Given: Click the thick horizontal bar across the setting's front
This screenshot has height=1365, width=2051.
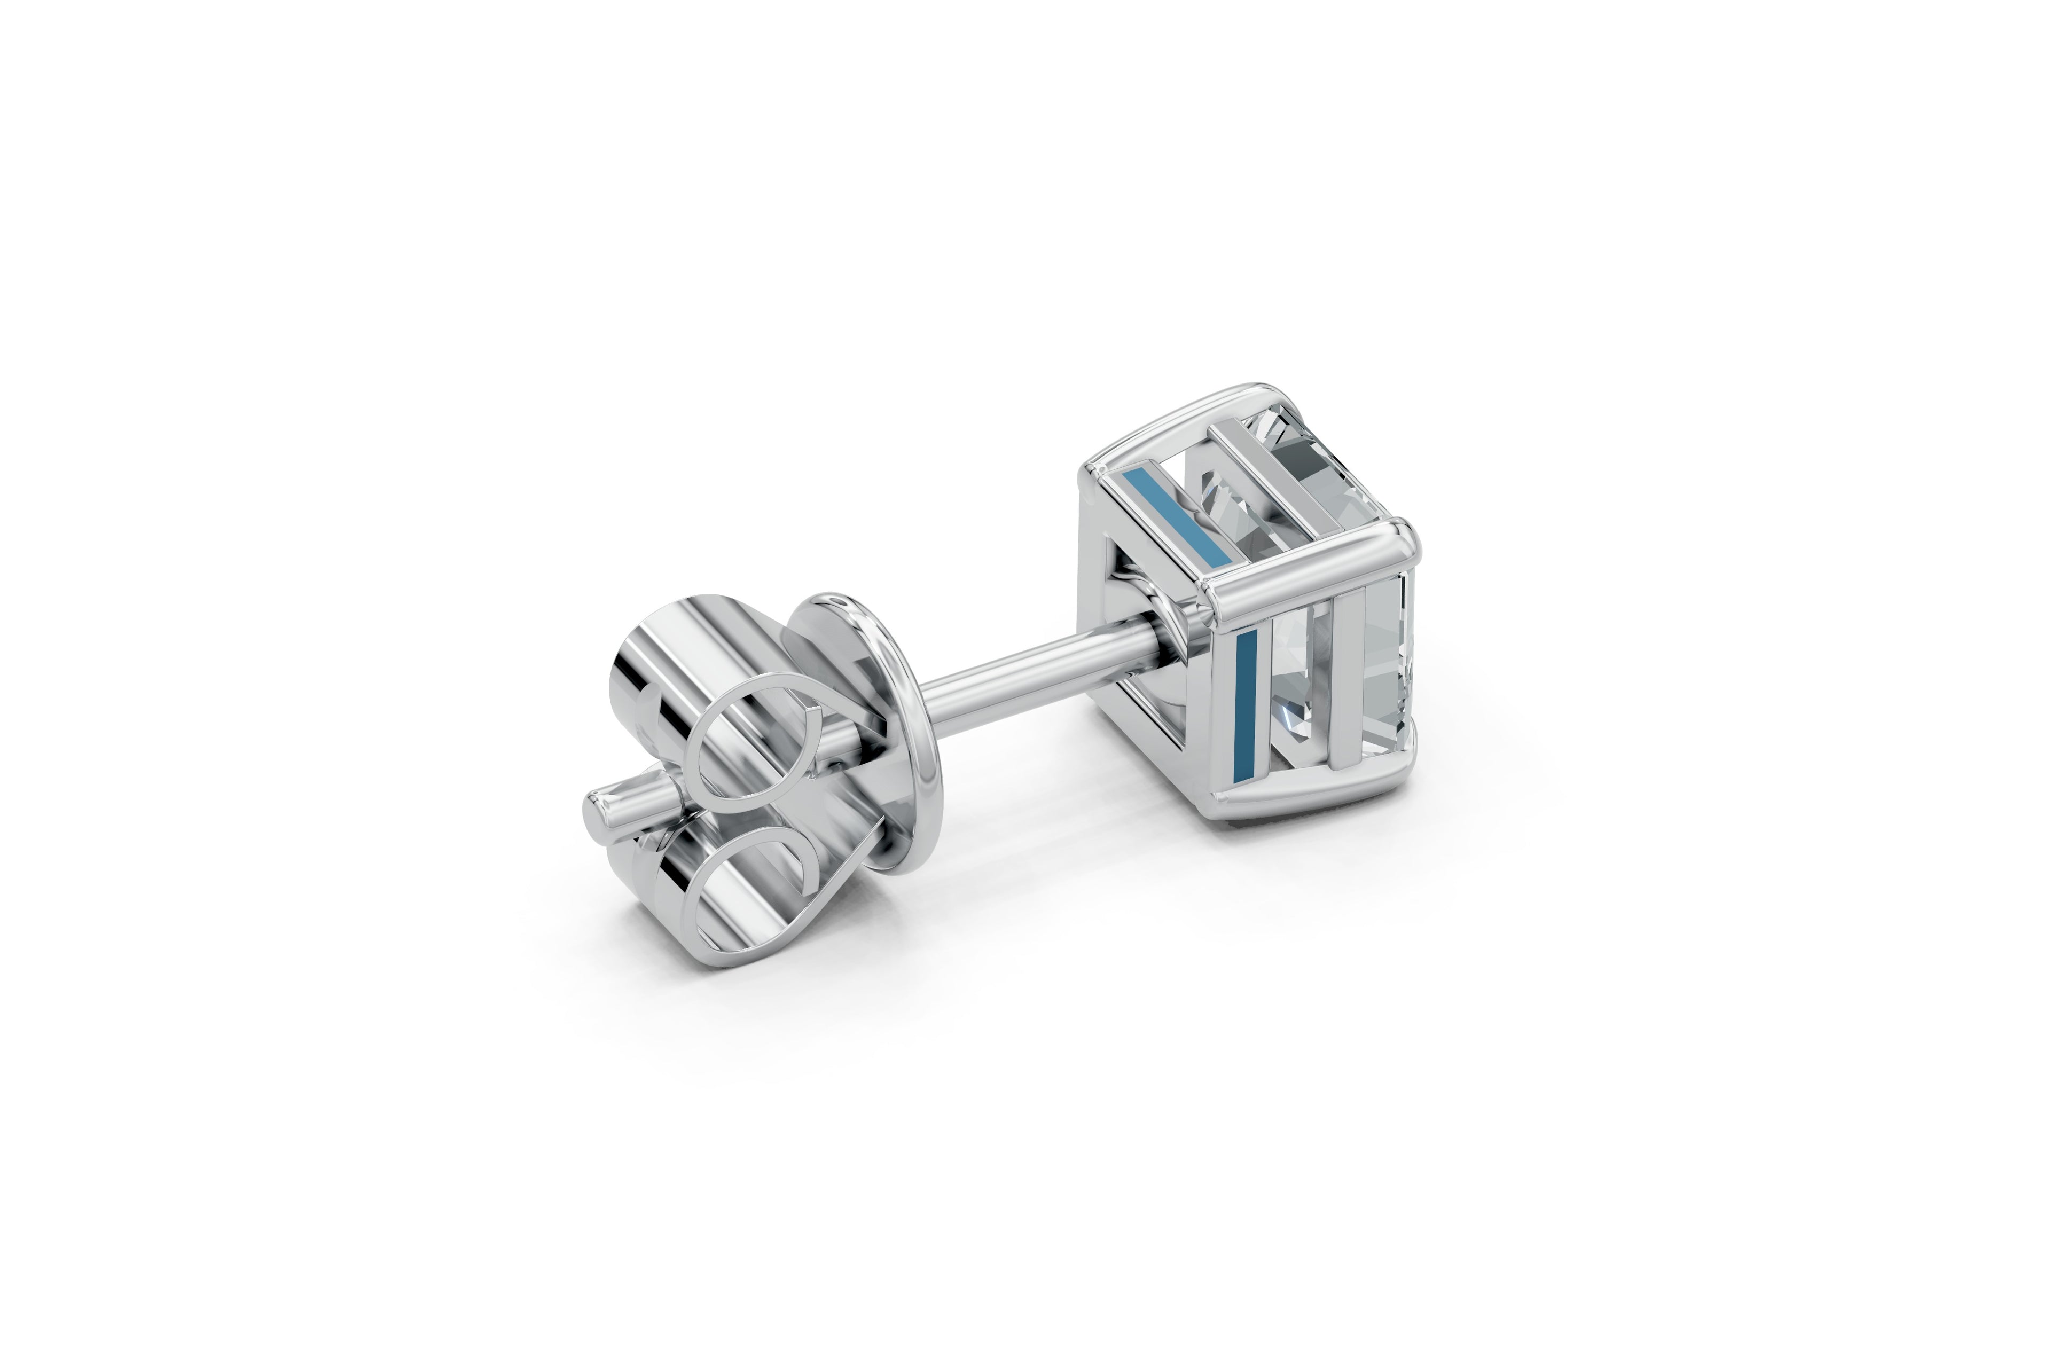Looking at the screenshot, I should [x=1306, y=579].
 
